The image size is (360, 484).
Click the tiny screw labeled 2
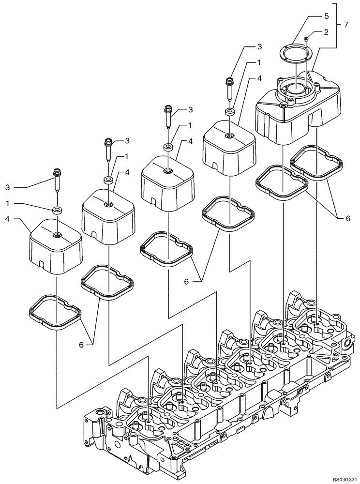pyautogui.click(x=306, y=39)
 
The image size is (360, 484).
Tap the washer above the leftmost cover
pyautogui.click(x=57, y=211)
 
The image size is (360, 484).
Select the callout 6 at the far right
pyautogui.click(x=347, y=218)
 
